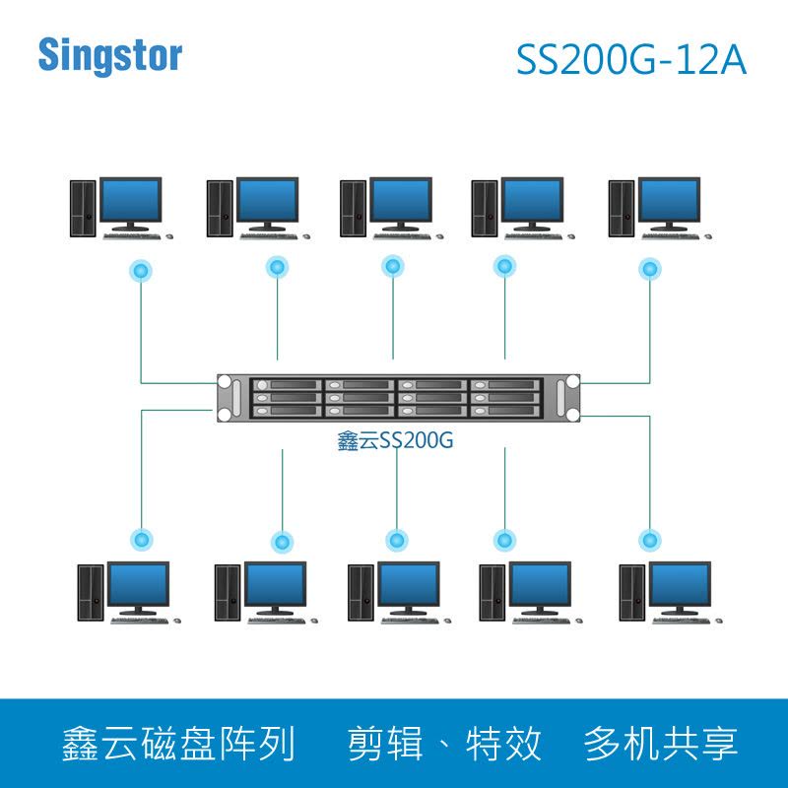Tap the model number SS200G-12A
(x=631, y=60)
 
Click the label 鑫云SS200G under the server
(x=395, y=441)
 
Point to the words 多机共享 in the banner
(x=661, y=743)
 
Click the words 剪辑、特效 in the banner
(x=445, y=743)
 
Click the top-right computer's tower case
(x=622, y=207)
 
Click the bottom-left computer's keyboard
(x=138, y=620)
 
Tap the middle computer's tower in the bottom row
(x=361, y=592)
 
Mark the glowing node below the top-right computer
(x=650, y=268)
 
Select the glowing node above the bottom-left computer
(x=143, y=539)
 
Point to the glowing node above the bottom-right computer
(x=650, y=540)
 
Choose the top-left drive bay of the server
(x=285, y=385)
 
